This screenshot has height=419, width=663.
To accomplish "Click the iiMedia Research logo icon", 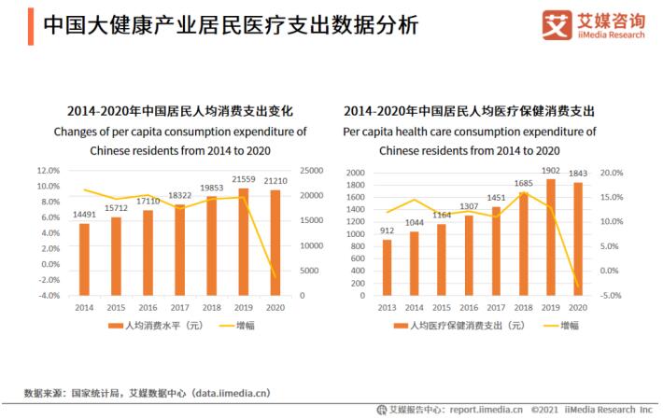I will point(557,26).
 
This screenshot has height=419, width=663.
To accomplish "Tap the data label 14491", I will point(84,216).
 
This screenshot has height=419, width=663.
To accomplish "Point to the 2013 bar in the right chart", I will point(388,267).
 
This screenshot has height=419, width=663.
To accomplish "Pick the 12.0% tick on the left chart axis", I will point(48,171).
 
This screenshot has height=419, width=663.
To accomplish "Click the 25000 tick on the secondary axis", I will point(312,171).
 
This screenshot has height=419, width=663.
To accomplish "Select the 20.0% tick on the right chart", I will point(612,173).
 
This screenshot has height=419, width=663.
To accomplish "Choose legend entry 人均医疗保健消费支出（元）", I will point(459,326).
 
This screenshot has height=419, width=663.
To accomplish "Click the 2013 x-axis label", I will point(387,307).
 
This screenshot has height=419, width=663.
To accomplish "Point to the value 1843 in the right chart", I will point(578,174).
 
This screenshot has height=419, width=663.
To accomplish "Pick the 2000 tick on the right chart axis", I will point(355,173).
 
